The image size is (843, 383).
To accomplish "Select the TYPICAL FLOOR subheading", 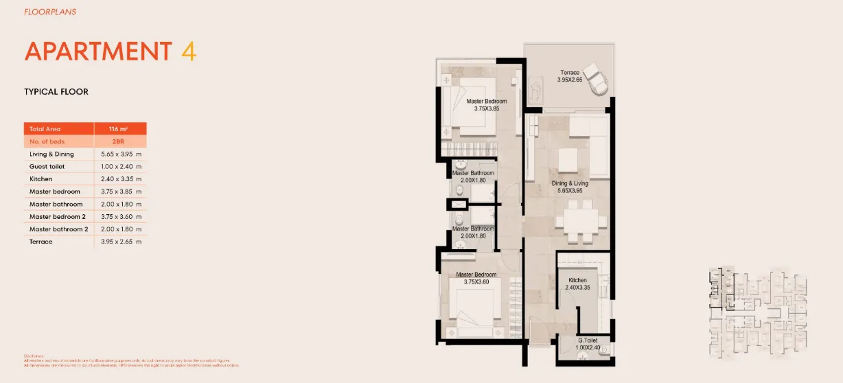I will tap(56, 92).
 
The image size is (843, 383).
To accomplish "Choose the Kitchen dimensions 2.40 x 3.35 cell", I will tap(121, 179).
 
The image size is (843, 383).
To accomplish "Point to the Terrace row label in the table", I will tap(41, 242).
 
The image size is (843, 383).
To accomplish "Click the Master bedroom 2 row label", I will tap(58, 216).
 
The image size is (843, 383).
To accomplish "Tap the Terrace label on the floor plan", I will tap(570, 73).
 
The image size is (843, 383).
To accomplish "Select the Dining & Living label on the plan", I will tap(570, 184).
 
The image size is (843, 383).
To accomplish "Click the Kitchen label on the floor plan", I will tap(577, 280).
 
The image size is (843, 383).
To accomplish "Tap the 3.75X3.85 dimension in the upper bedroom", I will tap(486, 108).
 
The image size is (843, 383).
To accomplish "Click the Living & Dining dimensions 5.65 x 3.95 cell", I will tap(121, 154).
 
